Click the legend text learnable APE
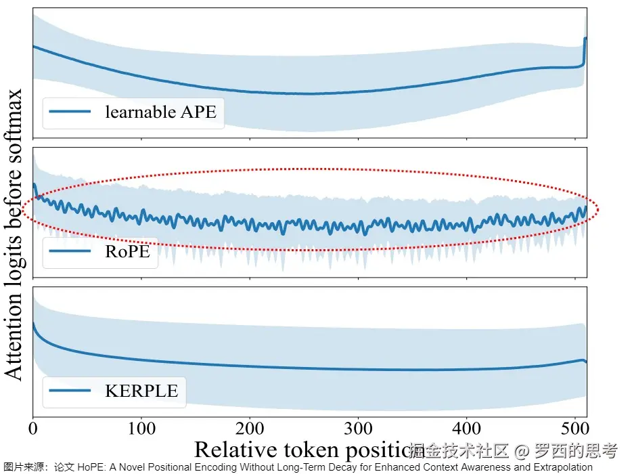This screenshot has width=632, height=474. pyautogui.click(x=160, y=112)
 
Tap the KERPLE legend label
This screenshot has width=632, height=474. pyautogui.click(x=141, y=391)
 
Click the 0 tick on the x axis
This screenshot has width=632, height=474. pyautogui.click(x=33, y=429)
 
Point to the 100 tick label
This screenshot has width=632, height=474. pyautogui.click(x=141, y=429)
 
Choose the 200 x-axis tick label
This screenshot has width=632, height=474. pyautogui.click(x=250, y=429)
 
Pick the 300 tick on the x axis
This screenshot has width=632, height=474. pyautogui.click(x=358, y=429)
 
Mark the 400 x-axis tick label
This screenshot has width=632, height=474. pyautogui.click(x=466, y=429)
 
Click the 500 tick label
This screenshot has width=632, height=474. pyautogui.click(x=574, y=429)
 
